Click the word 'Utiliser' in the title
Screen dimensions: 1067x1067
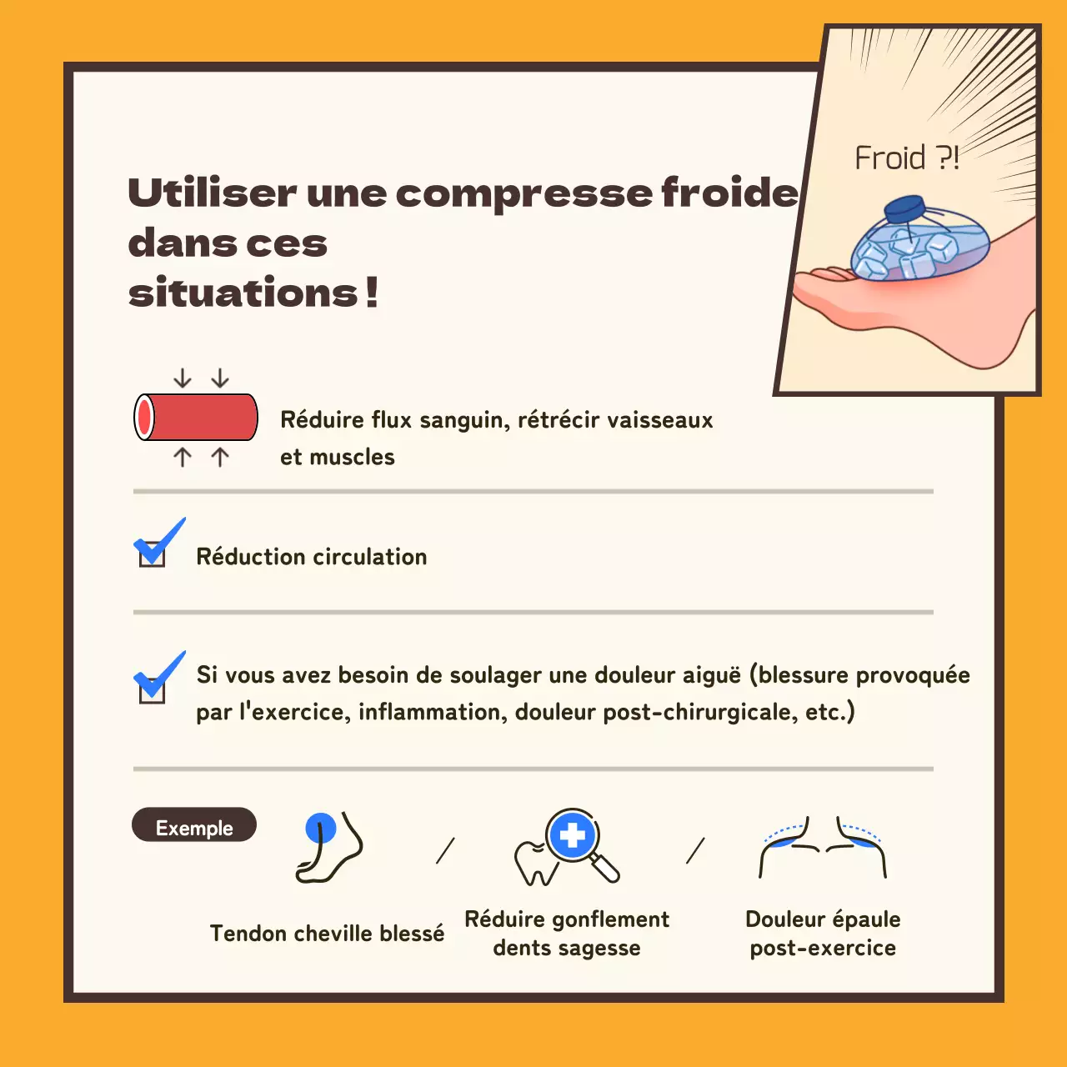212,193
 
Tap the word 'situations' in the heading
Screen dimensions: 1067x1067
243,293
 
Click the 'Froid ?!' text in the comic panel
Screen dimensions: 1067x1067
906,158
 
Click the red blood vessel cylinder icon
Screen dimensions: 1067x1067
197,417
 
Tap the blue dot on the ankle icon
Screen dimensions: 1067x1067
321,829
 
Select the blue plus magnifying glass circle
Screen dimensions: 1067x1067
572,835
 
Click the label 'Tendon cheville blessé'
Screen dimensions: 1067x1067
327,933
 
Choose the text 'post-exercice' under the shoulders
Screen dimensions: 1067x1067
823,948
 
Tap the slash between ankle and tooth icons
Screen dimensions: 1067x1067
446,850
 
